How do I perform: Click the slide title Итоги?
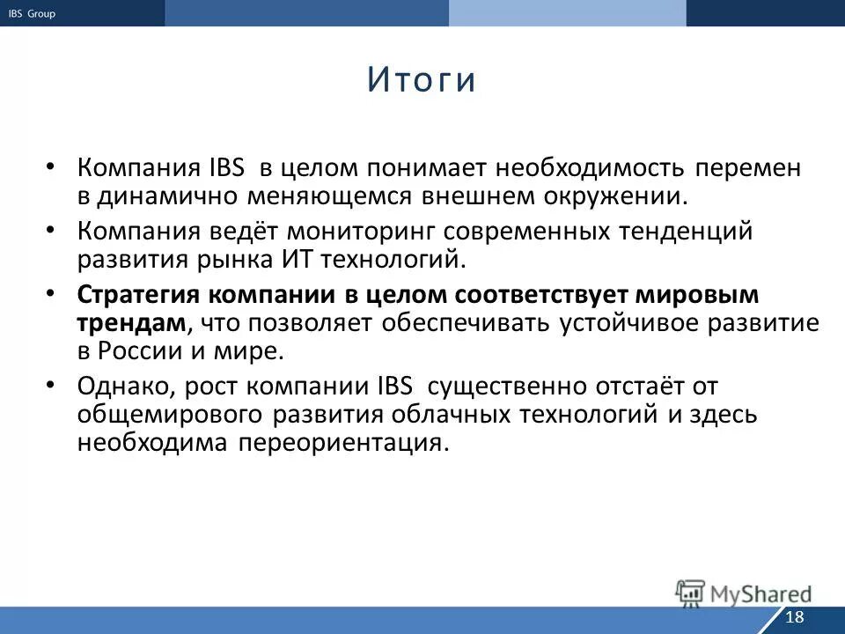[x=422, y=80]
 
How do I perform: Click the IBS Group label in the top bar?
[x=32, y=13]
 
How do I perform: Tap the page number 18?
[x=794, y=616]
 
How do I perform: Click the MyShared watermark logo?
[x=744, y=593]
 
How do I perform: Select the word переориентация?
[x=342, y=442]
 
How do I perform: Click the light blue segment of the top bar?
[x=567, y=13]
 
